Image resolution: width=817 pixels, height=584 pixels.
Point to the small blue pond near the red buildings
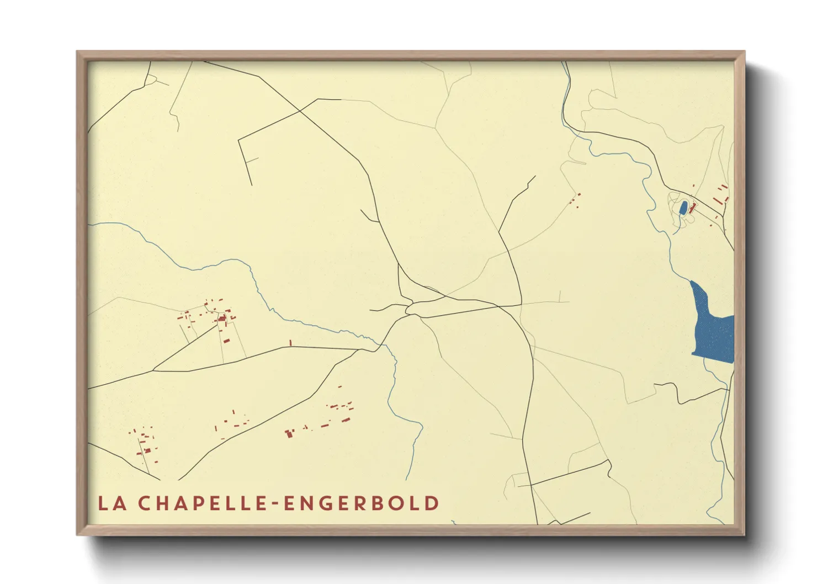pos(683,208)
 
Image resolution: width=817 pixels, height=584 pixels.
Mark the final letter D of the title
pos(432,503)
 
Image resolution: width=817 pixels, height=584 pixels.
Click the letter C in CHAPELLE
pos(145,503)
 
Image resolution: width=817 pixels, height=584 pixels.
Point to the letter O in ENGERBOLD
pos(402,503)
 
